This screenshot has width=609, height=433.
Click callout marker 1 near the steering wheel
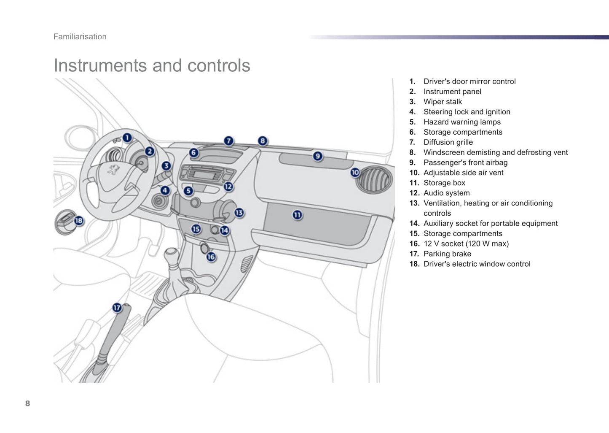pos(127,138)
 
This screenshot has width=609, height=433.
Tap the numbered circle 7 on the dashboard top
pos(228,141)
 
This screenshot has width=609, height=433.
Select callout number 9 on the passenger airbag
pos(318,156)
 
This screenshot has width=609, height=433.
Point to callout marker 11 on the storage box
pos(298,215)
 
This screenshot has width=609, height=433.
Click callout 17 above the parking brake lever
pos(117,308)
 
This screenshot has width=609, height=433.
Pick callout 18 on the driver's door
pos(79,220)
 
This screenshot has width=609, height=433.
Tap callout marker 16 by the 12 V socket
pos(211,257)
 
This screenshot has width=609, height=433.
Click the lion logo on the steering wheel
pos(113,170)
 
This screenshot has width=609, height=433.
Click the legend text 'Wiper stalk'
pos(443,102)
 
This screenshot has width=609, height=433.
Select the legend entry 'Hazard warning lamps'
pos(462,122)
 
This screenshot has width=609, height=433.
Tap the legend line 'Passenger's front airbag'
pos(465,162)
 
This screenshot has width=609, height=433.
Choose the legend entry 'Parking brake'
pos(447,254)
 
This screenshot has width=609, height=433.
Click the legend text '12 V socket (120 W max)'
pos(466,244)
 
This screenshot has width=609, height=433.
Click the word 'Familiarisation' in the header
pos(80,37)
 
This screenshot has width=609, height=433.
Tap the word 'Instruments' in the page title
pos(100,65)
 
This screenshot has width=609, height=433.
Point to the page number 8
pos(28,403)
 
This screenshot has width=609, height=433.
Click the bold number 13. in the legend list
pos(414,203)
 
